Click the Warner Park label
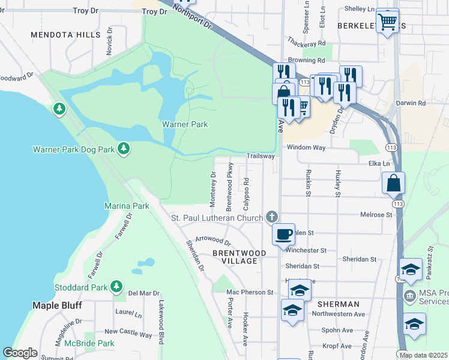coord(185,124)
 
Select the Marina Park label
coord(127,206)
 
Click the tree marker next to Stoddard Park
coord(116,287)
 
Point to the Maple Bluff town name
coord(56,305)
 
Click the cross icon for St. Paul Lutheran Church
coord(272,217)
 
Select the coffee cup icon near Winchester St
coord(283,233)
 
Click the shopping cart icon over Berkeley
coord(388,21)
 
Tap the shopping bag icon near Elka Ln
coord(393,183)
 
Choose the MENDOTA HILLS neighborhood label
coord(66,35)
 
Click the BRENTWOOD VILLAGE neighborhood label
coord(239,258)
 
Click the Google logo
coord(20,353)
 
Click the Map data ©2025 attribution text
coord(423,355)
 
